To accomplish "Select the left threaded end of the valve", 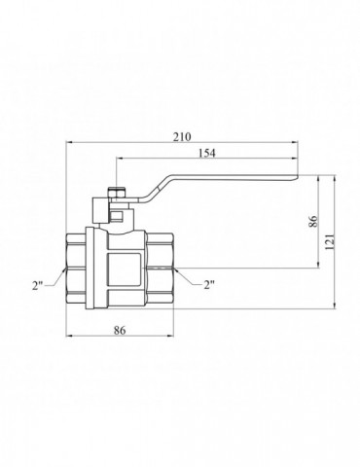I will pos(76,266).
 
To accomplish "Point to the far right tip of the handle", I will pos(297,178).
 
